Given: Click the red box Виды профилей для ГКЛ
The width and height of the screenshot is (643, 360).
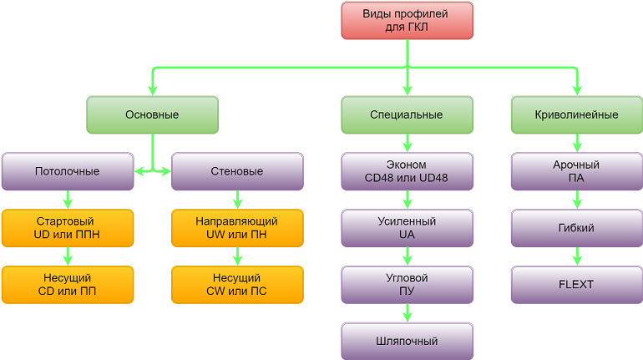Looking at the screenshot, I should (x=407, y=20).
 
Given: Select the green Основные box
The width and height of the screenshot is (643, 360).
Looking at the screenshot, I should (x=152, y=114).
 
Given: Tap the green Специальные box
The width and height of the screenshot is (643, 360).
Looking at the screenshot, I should (x=407, y=114).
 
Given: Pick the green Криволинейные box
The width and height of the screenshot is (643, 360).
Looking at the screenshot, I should (x=577, y=114).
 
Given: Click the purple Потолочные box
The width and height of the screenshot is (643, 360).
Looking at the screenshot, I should (x=68, y=171).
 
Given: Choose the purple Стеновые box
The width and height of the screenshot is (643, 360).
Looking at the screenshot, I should (x=237, y=171).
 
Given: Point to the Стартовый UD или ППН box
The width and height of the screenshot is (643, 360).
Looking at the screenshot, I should (x=68, y=228).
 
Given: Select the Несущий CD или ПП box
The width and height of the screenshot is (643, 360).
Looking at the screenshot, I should (x=68, y=284).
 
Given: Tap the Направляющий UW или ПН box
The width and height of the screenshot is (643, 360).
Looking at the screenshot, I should (x=237, y=228).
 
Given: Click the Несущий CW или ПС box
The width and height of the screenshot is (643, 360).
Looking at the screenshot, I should (x=237, y=284).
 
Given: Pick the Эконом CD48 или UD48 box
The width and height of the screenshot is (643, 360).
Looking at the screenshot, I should (x=407, y=171).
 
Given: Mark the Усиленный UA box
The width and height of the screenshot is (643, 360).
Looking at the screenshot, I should (x=407, y=228).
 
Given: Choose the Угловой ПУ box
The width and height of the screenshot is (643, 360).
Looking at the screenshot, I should (x=407, y=284).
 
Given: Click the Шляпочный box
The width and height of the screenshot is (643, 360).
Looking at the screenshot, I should (x=407, y=341).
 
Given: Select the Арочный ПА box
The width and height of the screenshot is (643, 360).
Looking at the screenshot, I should (x=577, y=171).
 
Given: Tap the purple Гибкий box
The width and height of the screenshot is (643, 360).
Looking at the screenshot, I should (x=577, y=228).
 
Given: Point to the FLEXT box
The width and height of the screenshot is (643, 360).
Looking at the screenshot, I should (x=577, y=284).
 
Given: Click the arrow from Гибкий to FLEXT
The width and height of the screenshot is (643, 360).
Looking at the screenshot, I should (x=577, y=256).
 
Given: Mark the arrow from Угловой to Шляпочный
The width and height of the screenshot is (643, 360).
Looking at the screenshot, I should (x=407, y=313).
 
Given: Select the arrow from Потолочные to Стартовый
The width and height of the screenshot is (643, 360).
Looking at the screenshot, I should (x=68, y=200).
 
